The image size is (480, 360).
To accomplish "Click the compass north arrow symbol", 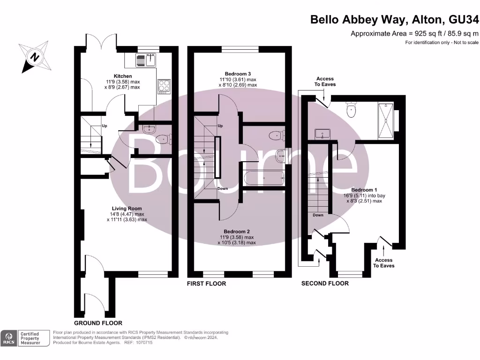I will click(34, 57).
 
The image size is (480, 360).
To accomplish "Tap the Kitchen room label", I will click(123, 76).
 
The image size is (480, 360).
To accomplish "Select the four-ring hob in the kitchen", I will click(165, 86).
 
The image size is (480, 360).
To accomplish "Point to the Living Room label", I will click(127, 209).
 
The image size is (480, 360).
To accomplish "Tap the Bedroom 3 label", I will click(238, 74).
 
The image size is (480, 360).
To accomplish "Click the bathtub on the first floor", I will click(264, 178).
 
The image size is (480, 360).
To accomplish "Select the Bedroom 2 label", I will click(237, 232).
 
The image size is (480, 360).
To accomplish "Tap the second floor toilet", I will click(351, 111).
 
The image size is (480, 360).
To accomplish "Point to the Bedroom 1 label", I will click(365, 190).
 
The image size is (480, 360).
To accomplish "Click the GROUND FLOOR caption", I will click(98, 323).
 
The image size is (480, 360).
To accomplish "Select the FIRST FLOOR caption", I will click(206, 284).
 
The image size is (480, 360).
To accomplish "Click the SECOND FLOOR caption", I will click(325, 284).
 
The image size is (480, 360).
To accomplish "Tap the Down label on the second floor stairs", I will click(318, 215).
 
